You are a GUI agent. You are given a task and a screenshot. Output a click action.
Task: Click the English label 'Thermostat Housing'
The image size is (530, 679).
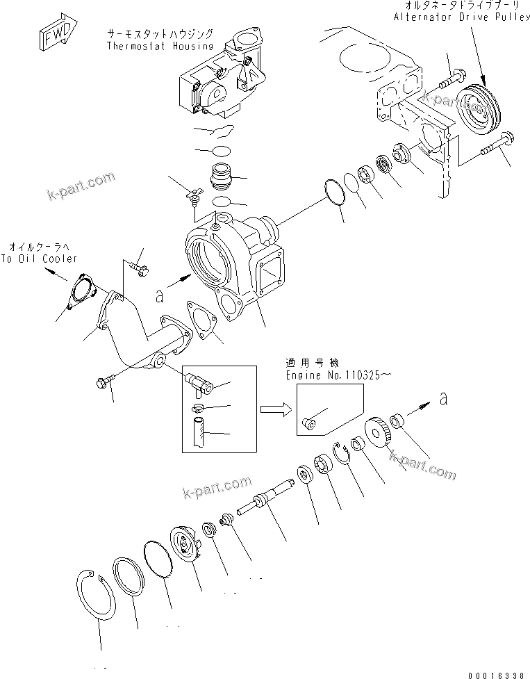click(160, 46)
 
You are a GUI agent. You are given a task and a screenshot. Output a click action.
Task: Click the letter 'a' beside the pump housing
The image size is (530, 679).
click(159, 296)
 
